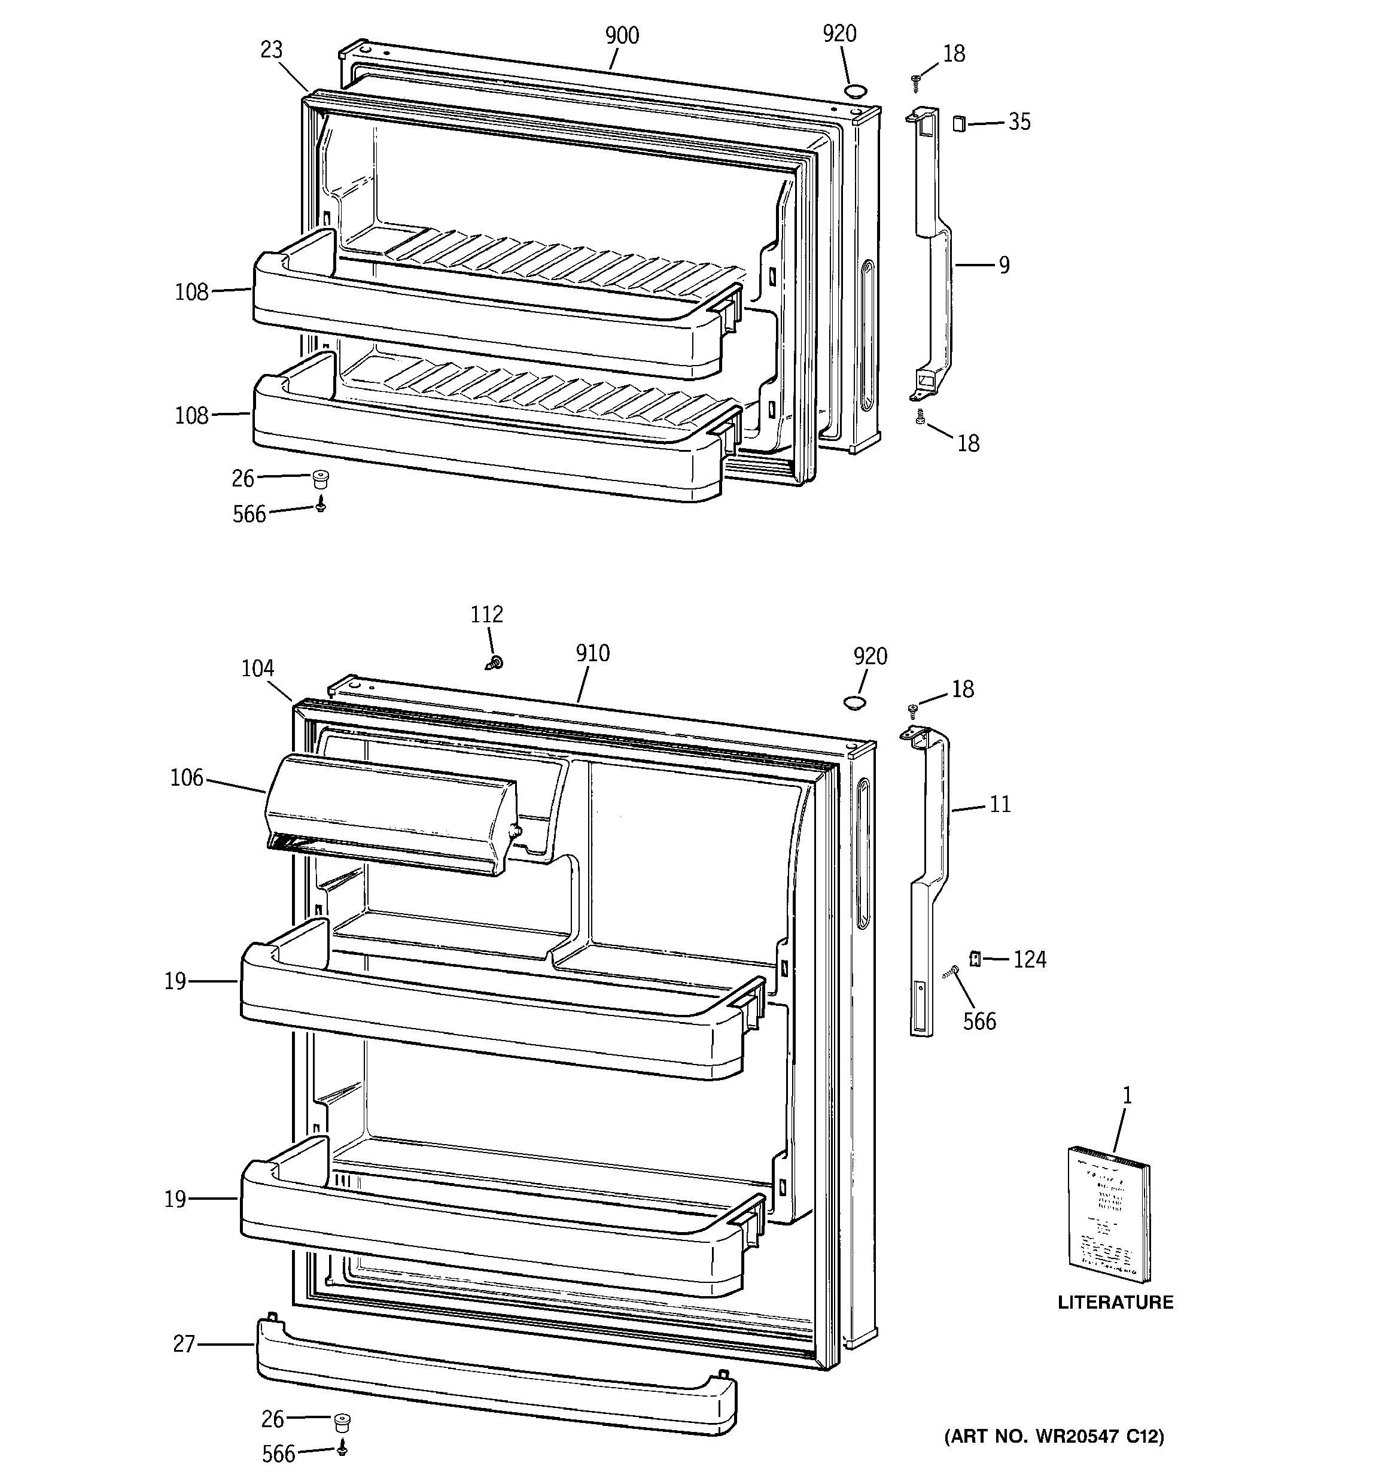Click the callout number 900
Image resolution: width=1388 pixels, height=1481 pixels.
tap(622, 36)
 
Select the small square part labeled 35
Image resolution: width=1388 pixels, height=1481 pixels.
tap(959, 123)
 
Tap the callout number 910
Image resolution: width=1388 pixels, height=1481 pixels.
tap(592, 653)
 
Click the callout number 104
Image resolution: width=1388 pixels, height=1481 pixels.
tap(258, 668)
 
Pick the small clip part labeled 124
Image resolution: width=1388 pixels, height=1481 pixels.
tap(974, 959)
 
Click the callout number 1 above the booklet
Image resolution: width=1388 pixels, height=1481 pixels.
tap(1127, 1095)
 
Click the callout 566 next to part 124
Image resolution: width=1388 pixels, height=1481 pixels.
tap(979, 1021)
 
